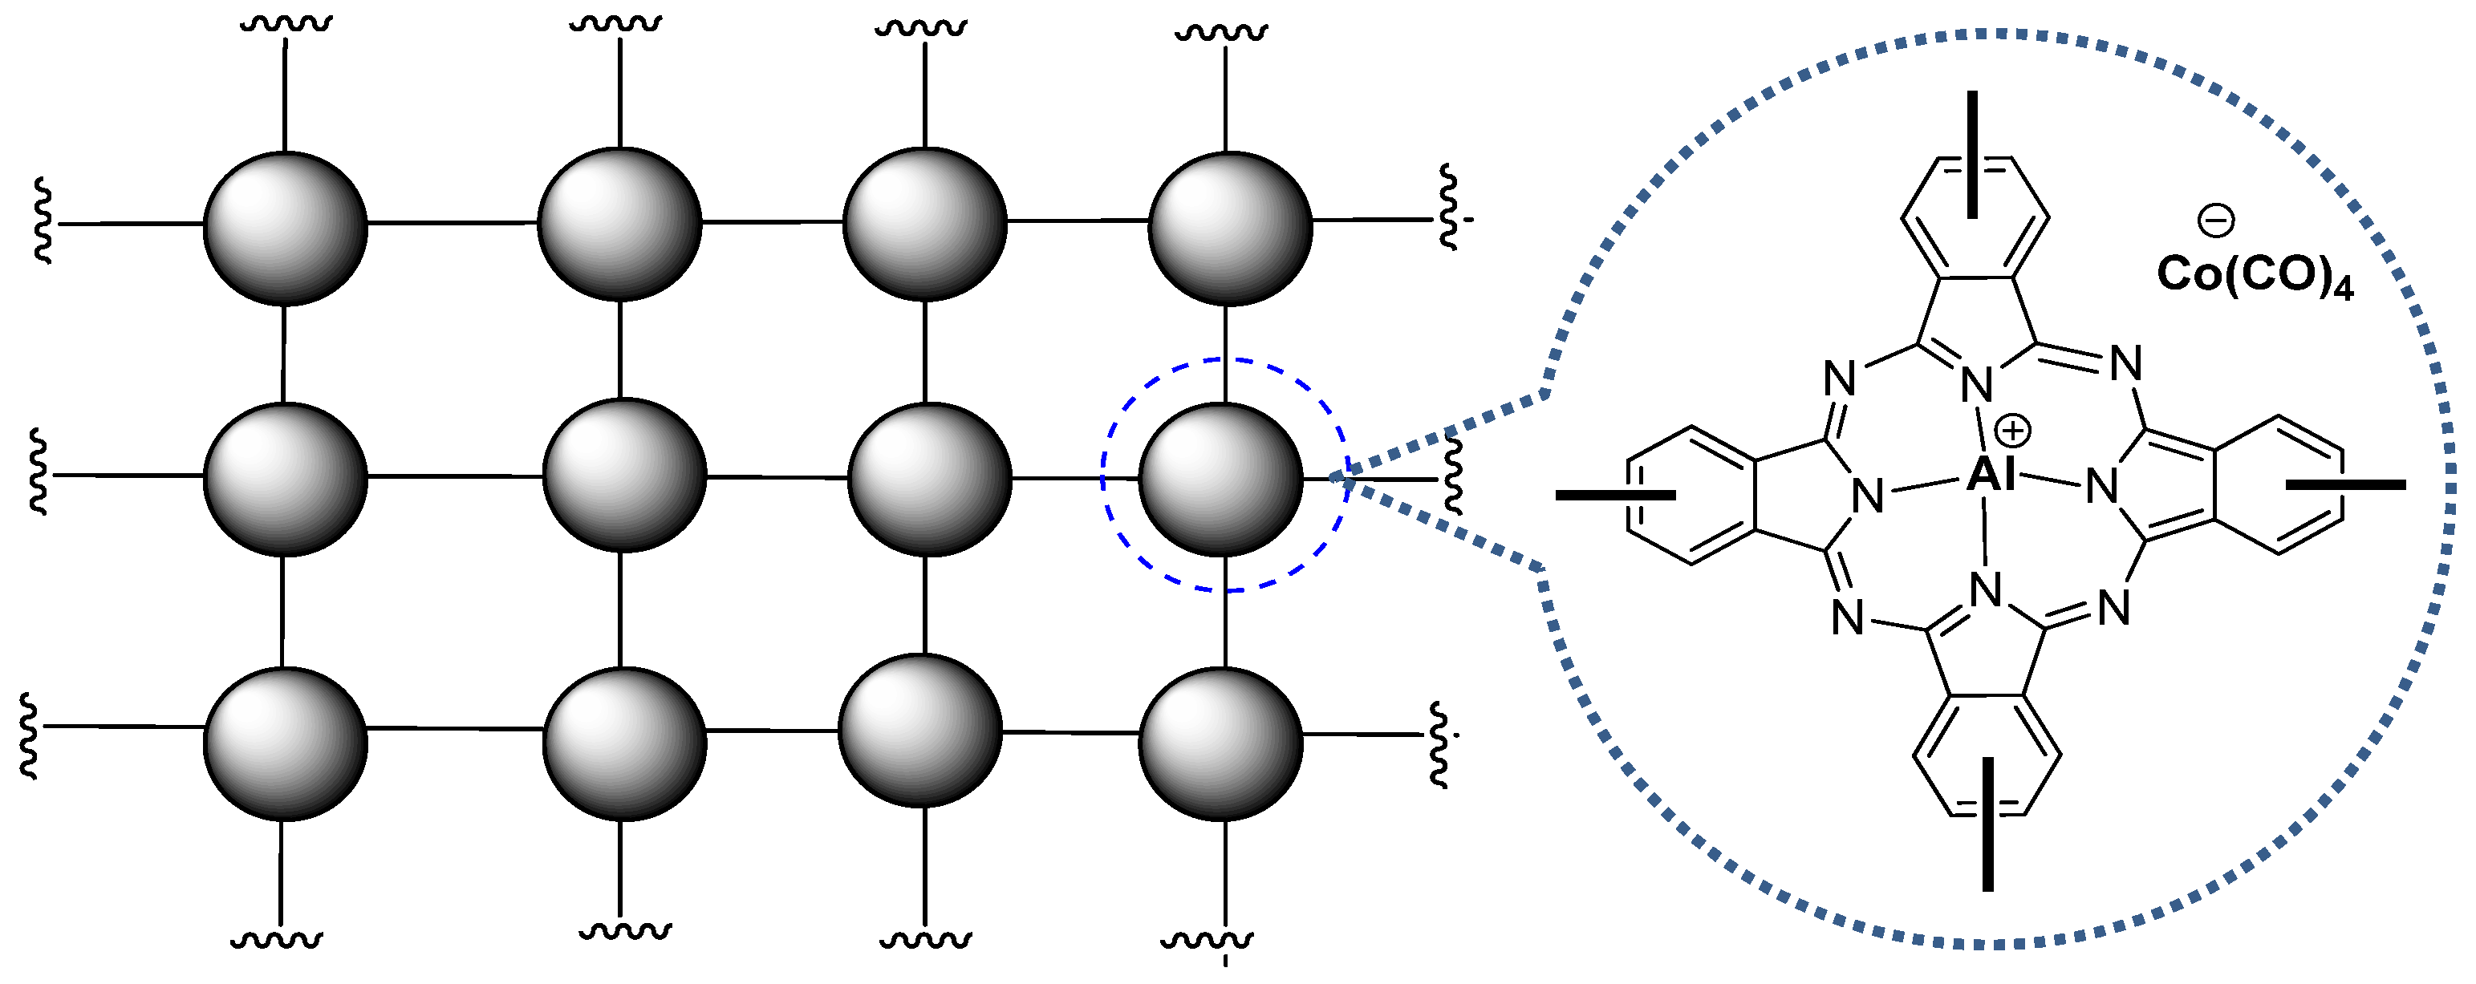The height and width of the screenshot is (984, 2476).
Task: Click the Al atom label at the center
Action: point(1990,475)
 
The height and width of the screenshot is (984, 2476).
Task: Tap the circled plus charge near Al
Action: point(2013,431)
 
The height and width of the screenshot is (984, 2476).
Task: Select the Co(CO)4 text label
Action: point(2255,276)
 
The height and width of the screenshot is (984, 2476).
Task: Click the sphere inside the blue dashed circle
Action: point(1220,479)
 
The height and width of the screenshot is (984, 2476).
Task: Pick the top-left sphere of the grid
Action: point(286,229)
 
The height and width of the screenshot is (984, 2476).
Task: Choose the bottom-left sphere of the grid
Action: point(286,743)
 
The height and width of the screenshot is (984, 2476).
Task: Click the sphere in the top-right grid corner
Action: point(1230,229)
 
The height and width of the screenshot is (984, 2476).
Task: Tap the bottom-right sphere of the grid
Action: point(1220,743)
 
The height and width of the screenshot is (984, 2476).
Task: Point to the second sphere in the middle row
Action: point(625,475)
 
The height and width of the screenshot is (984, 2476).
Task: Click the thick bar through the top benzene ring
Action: point(1972,154)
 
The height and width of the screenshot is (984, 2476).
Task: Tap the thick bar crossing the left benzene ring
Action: point(1615,495)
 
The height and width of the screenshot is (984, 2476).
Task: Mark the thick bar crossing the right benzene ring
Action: point(2345,485)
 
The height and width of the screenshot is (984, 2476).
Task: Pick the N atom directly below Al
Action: point(1986,589)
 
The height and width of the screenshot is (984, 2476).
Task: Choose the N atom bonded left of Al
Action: point(1868,496)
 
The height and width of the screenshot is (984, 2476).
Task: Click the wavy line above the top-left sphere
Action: point(286,22)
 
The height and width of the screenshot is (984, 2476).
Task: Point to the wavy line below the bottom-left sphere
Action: point(277,940)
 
